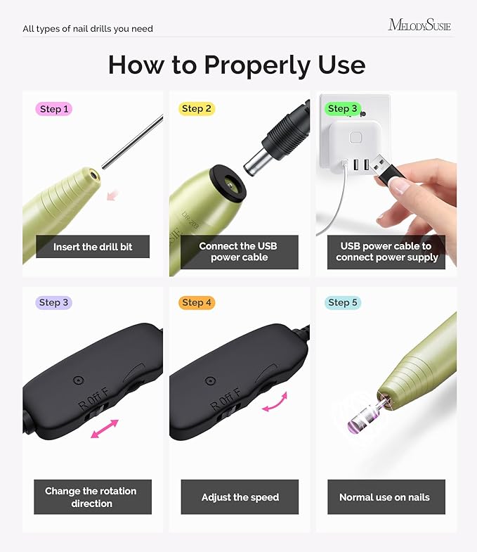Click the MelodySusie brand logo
tap(419, 25)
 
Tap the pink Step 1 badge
tap(54, 109)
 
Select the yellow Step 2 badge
tap(196, 109)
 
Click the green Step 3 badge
tap(342, 109)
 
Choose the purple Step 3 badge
tap(54, 302)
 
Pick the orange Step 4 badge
tap(196, 302)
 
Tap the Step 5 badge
tap(342, 302)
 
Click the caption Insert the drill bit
tap(93, 247)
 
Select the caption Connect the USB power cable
tap(240, 252)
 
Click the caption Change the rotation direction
tap(91, 497)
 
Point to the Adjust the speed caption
tap(240, 497)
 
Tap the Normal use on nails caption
tap(384, 497)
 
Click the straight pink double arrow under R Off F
tap(105, 430)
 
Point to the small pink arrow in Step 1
tap(112, 195)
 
